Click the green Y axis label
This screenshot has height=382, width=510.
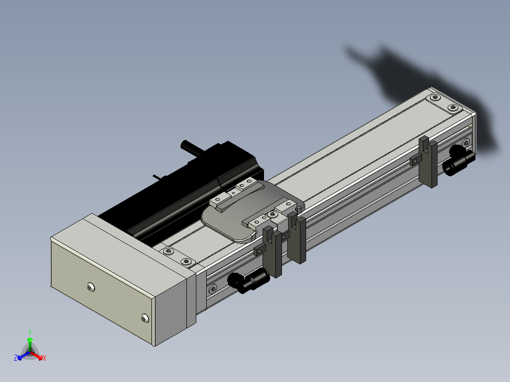(x=30, y=332)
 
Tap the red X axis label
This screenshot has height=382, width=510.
(x=44, y=358)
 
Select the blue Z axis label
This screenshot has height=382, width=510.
(x=16, y=357)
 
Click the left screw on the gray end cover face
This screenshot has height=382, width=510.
(x=91, y=287)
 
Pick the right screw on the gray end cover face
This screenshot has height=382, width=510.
(x=145, y=318)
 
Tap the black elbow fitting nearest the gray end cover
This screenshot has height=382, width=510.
(x=248, y=280)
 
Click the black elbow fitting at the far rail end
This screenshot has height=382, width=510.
(x=459, y=161)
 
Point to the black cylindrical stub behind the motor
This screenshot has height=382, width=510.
(x=192, y=148)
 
